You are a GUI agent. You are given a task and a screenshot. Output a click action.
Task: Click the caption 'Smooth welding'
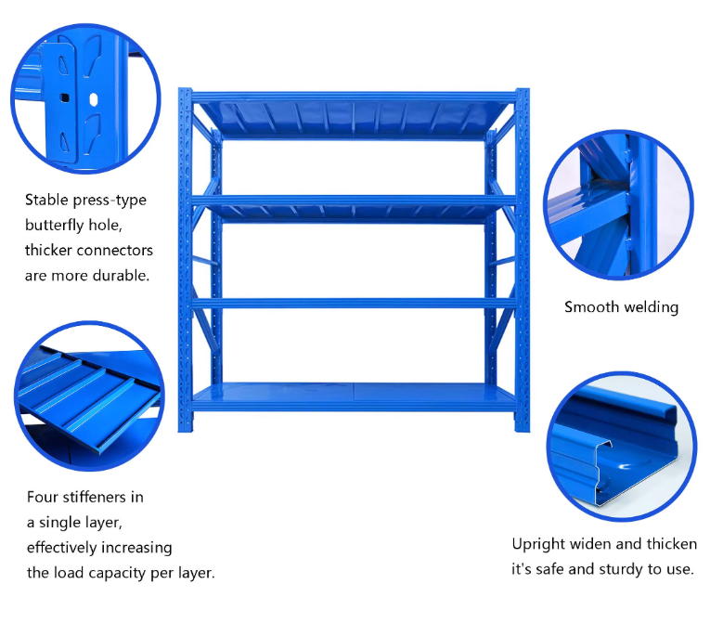pyautogui.click(x=621, y=307)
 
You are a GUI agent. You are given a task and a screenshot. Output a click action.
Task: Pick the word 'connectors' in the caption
pyautogui.click(x=113, y=251)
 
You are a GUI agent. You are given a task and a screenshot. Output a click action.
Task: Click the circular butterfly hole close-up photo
pyautogui.click(x=84, y=99)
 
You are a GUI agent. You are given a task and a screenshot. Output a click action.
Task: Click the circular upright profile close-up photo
pyautogui.click(x=621, y=448)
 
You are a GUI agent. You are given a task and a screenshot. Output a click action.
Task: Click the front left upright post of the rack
pyautogui.click(x=185, y=260)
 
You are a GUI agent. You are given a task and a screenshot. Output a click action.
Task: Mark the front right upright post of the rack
pyautogui.click(x=522, y=260)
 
